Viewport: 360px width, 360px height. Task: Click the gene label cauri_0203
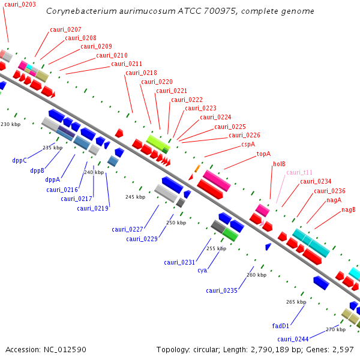point(20,4)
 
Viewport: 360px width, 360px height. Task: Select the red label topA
point(263,154)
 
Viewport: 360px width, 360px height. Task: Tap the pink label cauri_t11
point(299,172)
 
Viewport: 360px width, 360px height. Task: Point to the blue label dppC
point(20,161)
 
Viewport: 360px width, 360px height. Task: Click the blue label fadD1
point(281,326)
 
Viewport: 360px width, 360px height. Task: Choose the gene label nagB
point(349,209)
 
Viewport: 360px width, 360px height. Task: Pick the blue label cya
point(202,271)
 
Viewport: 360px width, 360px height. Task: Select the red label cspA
point(248,144)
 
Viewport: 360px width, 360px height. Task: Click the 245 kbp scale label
point(135,197)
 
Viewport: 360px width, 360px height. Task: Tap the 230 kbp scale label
point(10,124)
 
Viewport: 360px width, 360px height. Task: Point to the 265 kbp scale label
point(296,302)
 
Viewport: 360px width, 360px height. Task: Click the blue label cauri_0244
point(293,339)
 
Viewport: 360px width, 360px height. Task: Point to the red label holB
point(280,163)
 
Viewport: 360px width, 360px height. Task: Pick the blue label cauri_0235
point(222,290)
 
